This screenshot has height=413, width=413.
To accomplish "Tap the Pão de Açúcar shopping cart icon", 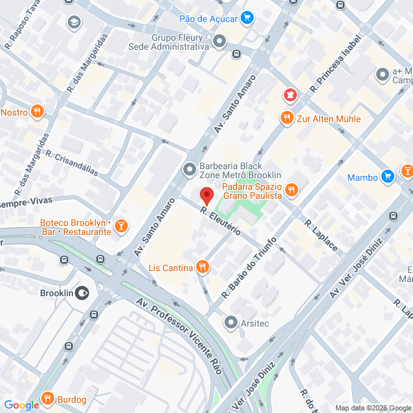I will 247,19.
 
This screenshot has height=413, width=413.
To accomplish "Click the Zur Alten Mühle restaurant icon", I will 287,118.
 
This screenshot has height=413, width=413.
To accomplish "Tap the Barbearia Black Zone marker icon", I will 190,170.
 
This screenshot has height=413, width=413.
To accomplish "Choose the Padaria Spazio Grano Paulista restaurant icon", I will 292,190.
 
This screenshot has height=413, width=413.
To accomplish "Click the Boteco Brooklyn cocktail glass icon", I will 121,226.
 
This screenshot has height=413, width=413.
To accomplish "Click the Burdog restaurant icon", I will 46,399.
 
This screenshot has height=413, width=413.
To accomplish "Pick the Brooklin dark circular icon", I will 82,292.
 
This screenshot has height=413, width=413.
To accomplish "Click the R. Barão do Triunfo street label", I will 249,267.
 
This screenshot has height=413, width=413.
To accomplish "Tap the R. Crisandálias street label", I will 71,163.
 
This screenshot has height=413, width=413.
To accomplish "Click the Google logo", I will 21,405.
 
